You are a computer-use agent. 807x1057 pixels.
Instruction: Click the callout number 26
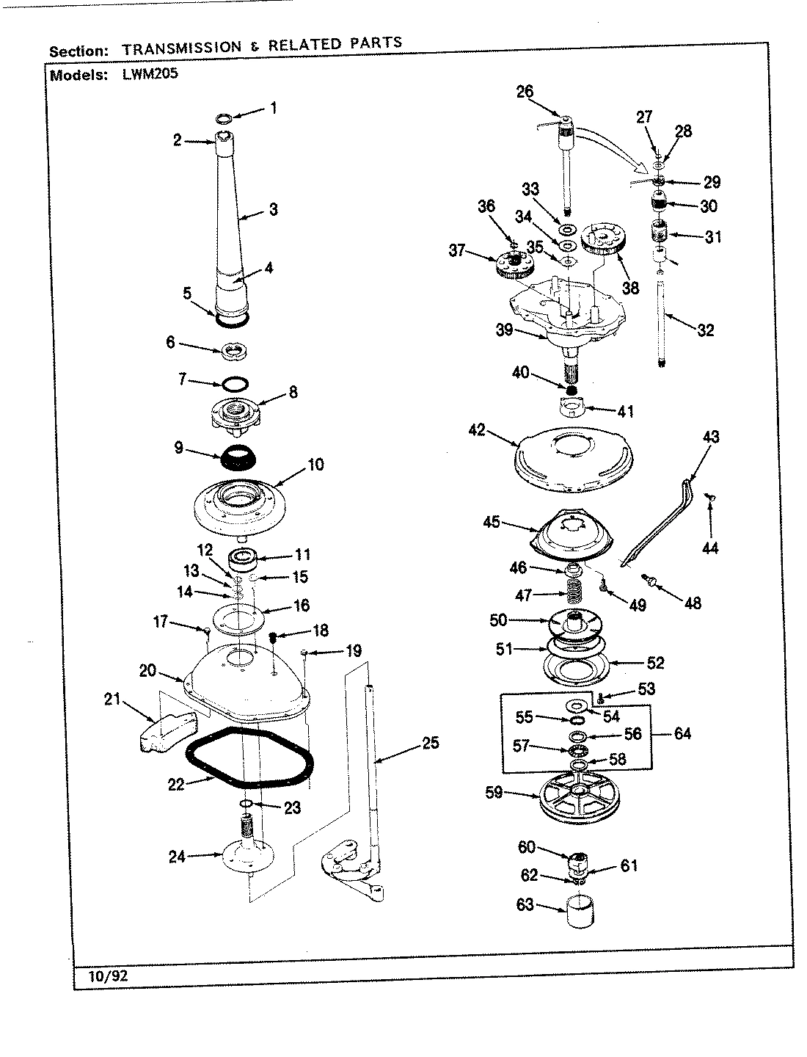pyautogui.click(x=544, y=92)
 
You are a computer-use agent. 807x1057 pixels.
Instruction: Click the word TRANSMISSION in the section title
pyautogui.click(x=181, y=48)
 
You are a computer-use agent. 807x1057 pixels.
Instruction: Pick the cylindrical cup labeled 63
pyautogui.click(x=578, y=912)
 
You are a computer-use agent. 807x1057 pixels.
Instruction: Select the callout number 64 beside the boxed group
pyautogui.click(x=682, y=733)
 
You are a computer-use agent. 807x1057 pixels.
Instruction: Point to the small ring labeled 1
pyautogui.click(x=225, y=118)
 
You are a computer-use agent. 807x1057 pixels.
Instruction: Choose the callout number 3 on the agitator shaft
pyautogui.click(x=273, y=210)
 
